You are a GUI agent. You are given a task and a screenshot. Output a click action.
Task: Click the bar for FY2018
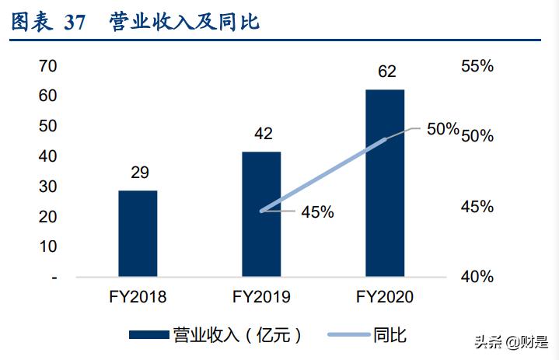[x=138, y=232]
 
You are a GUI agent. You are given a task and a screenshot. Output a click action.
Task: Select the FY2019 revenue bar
[x=261, y=214]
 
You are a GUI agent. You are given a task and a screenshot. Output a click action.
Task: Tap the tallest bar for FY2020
[x=385, y=183]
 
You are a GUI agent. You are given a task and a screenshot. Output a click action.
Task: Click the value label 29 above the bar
[x=140, y=173]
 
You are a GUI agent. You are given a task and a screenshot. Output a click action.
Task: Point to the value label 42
[x=263, y=134]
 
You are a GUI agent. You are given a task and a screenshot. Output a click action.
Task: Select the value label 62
[x=386, y=72]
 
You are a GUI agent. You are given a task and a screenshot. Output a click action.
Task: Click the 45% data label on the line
[x=317, y=211]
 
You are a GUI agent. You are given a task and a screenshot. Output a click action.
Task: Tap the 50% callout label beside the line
[x=442, y=129]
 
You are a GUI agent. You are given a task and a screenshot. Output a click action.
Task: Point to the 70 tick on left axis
[x=48, y=67]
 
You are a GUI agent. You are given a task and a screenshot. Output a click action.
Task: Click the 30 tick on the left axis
[x=48, y=187]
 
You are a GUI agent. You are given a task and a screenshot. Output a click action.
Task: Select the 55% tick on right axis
[x=477, y=67]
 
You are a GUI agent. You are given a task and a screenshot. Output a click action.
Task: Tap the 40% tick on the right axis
[x=477, y=277]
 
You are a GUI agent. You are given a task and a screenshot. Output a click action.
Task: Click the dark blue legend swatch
[x=148, y=335]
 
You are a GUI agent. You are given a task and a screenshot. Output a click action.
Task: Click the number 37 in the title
[x=75, y=23]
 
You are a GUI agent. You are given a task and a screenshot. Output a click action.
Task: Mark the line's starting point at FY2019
[x=261, y=210]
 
